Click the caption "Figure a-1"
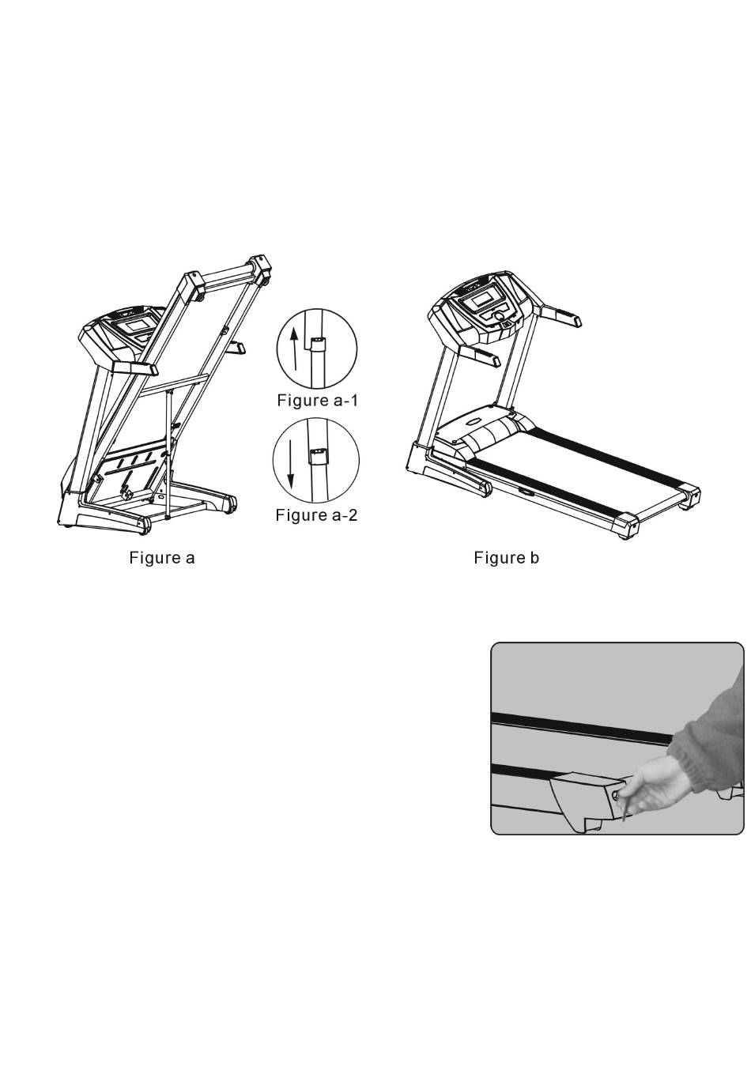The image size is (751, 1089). (317, 401)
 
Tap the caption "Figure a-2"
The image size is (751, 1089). (316, 514)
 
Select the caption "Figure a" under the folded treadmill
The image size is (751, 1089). (162, 558)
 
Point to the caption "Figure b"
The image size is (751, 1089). (507, 558)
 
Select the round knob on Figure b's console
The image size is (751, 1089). (500, 315)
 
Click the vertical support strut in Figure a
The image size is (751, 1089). (168, 454)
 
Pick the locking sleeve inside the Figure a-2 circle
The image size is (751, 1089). (318, 457)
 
